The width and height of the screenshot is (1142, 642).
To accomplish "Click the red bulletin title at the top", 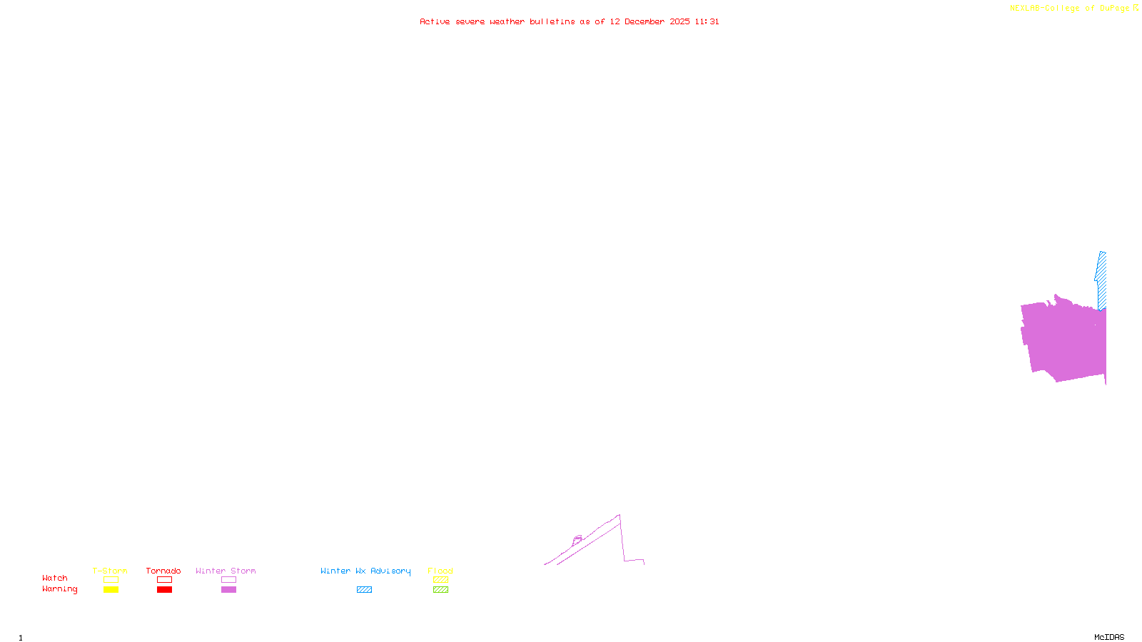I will point(569,21).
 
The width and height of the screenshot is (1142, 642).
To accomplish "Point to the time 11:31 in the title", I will point(707,21).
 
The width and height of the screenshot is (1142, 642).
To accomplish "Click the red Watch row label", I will point(55,578).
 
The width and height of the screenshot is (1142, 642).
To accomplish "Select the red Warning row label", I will point(59,589).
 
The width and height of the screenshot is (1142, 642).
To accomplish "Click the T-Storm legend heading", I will point(110,571).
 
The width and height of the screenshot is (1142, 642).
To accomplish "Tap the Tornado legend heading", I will point(163,571).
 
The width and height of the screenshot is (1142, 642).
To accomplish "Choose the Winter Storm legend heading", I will point(226,571).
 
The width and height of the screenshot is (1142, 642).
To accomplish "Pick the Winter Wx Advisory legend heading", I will point(365,571).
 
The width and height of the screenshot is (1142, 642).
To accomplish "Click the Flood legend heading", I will point(440,571).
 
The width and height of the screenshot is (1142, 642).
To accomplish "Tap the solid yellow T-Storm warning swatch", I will point(111,590).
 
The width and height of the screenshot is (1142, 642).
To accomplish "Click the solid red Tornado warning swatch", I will point(165,590).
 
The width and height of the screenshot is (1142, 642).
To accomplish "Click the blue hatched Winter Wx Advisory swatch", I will point(364,590).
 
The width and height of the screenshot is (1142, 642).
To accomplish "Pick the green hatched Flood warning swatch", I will point(440,590).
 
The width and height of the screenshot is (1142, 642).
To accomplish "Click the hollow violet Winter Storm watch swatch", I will point(228,580).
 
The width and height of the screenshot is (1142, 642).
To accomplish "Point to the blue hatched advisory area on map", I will point(1101,282).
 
